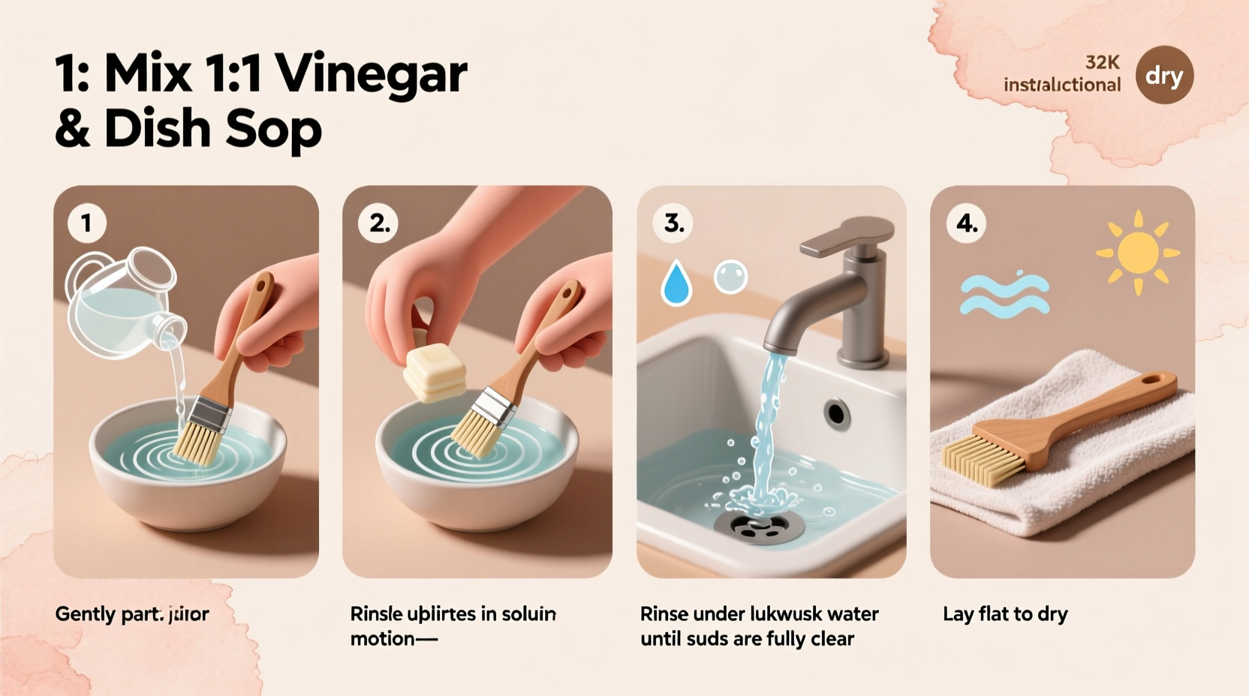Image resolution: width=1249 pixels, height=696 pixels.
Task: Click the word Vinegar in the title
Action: (x=371, y=75)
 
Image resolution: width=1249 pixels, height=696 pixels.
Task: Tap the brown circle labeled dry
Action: (x=1164, y=75)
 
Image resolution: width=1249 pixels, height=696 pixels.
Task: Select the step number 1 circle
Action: (x=86, y=223)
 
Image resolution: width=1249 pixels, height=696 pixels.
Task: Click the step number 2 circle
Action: (x=378, y=223)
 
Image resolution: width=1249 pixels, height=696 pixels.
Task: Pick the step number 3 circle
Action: (x=673, y=223)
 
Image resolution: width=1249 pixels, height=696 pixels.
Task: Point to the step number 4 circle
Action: (x=966, y=223)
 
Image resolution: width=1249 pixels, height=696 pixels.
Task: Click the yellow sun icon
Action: (x=1138, y=253)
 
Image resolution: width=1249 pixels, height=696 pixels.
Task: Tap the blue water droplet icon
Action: (x=676, y=283)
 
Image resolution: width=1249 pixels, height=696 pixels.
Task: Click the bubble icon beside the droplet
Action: (x=730, y=277)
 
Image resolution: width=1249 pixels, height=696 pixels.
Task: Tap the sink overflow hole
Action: (x=836, y=412)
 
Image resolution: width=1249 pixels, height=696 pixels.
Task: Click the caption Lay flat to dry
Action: (x=1004, y=613)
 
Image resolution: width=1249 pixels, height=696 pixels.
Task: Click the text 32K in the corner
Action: (x=1102, y=62)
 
